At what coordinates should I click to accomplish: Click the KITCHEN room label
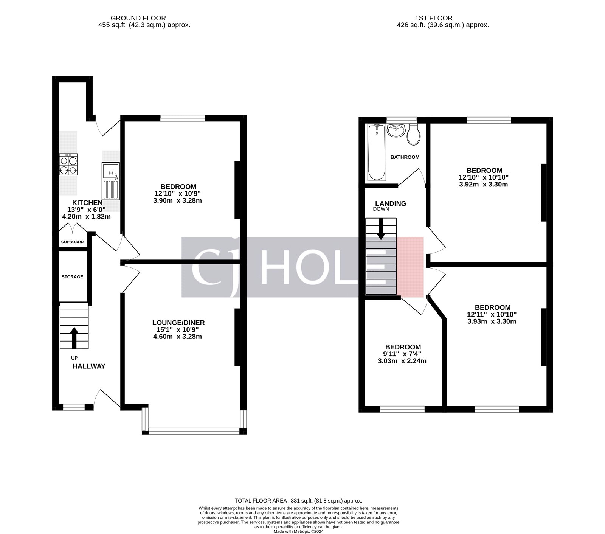pyautogui.click(x=87, y=203)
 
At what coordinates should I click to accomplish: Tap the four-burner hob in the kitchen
pyautogui.click(x=68, y=164)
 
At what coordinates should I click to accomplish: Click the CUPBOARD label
pyautogui.click(x=72, y=242)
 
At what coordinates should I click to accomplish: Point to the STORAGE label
pyautogui.click(x=72, y=277)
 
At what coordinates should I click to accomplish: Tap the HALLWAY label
pyautogui.click(x=89, y=366)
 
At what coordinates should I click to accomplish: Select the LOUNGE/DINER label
pyautogui.click(x=178, y=323)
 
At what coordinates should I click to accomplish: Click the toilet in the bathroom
pyautogui.click(x=414, y=135)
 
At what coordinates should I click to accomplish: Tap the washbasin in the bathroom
pyautogui.click(x=396, y=130)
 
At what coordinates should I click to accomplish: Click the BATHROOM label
pyautogui.click(x=405, y=157)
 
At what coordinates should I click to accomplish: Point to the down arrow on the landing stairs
pyautogui.click(x=381, y=229)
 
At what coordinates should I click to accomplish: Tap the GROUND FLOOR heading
pyautogui.click(x=138, y=18)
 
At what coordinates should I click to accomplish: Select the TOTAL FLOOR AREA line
pyautogui.click(x=298, y=500)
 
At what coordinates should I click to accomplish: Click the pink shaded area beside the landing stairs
pyautogui.click(x=410, y=267)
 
